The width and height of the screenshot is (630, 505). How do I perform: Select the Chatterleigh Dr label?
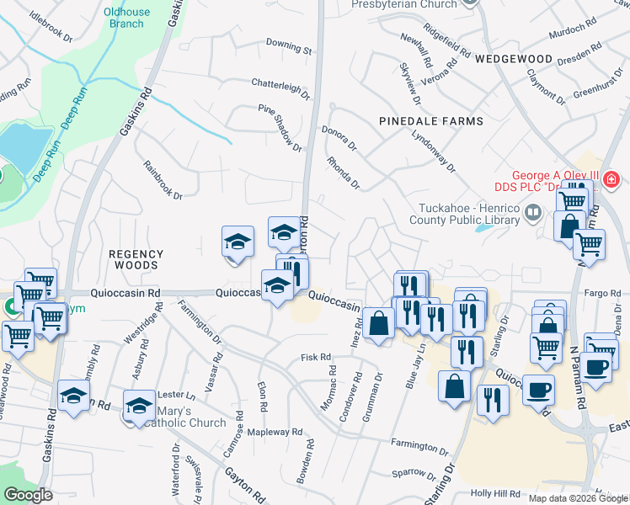point(281,84)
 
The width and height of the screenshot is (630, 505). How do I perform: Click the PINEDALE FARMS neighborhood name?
point(431,121)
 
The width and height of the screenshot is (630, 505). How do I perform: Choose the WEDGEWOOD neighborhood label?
point(513,60)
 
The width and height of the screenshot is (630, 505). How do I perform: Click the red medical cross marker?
point(610,179)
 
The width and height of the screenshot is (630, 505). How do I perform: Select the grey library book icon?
point(531,212)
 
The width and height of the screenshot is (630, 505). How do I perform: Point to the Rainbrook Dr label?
point(163,180)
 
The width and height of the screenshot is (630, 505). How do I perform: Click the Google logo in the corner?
point(27,494)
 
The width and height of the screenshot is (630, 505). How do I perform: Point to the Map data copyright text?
point(579,498)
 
